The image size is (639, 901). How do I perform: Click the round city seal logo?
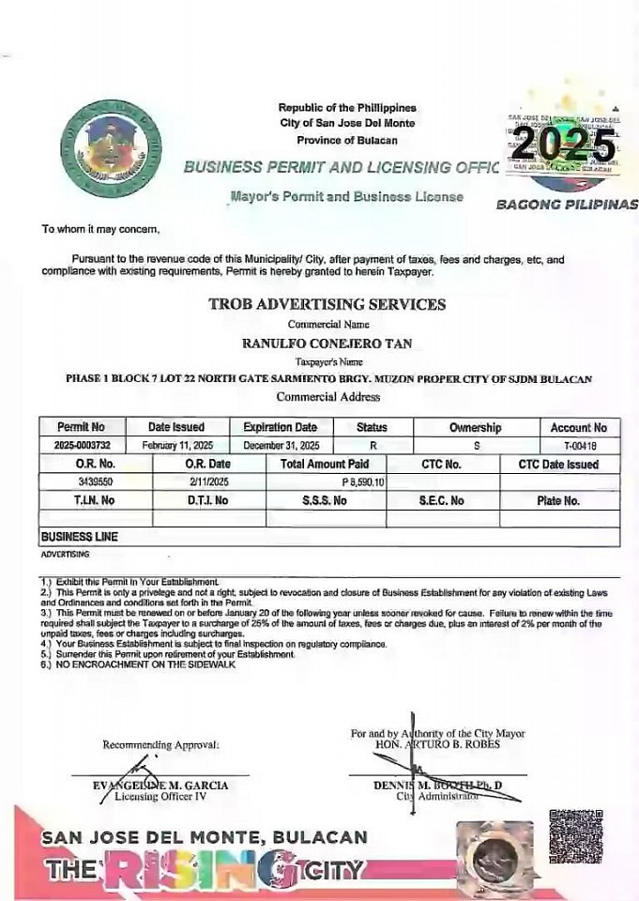coord(110,147)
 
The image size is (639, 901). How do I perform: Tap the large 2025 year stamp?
coord(563,145)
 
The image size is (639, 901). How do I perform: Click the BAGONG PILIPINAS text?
coord(566,204)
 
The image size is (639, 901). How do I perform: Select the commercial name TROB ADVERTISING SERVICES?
coord(327,304)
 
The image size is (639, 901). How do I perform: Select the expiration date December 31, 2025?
coord(281,445)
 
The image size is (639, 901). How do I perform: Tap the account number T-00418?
coord(580,445)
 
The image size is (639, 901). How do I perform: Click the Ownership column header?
coord(475,427)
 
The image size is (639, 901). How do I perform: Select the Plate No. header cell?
coord(557,500)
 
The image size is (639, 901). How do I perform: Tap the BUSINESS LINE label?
coord(79,537)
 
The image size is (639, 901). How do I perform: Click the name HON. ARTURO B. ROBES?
coord(436,744)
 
